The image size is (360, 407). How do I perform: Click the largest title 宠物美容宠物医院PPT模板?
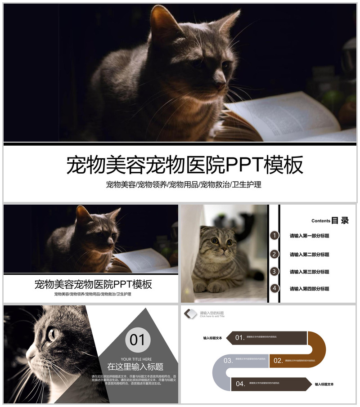(184, 165)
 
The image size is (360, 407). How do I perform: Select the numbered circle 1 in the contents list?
(274, 236)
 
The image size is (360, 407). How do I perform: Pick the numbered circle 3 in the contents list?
(274, 272)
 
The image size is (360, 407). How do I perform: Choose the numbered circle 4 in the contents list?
(274, 289)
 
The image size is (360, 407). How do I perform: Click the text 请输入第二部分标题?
(309, 255)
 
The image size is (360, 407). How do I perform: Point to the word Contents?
(321, 221)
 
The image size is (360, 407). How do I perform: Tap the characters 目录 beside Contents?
(340, 220)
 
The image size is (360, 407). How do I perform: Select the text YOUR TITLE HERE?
(136, 359)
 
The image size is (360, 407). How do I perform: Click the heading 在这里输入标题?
(135, 367)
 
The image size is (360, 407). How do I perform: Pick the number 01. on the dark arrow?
(239, 337)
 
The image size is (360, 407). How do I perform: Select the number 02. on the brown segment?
(278, 360)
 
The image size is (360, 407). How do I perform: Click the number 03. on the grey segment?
(228, 360)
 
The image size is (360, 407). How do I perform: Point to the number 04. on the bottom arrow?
(240, 384)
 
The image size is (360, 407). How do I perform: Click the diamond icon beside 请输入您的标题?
(190, 313)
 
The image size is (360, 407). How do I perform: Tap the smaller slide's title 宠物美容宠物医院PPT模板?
(93, 284)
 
